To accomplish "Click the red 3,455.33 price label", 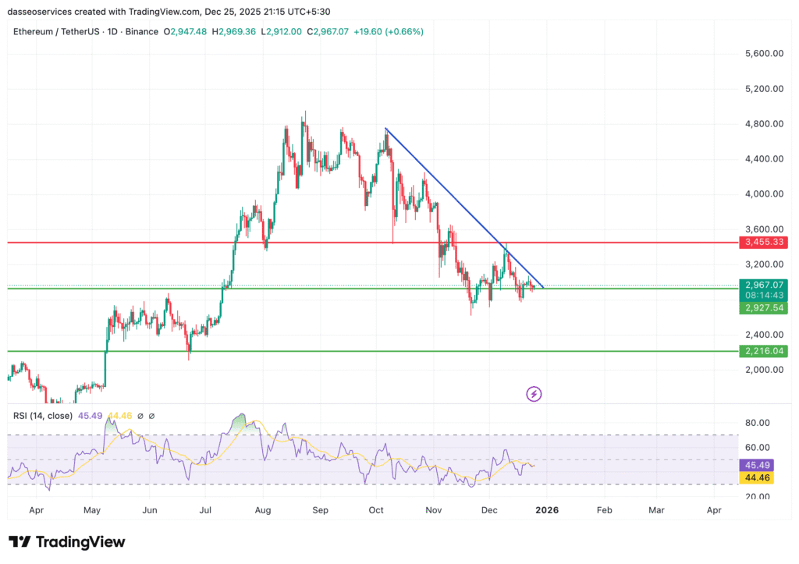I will click(x=764, y=243).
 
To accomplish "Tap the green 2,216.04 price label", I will click(x=764, y=351).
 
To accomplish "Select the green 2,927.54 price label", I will click(x=764, y=308).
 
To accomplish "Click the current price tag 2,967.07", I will click(x=764, y=285).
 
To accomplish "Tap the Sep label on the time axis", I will click(x=321, y=510).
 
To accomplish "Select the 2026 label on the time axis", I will click(x=546, y=510).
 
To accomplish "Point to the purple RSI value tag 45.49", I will click(x=757, y=465).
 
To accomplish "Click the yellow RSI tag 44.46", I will click(x=757, y=477).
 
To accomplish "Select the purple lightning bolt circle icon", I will click(x=534, y=394).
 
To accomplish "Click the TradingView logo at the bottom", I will click(x=67, y=541).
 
